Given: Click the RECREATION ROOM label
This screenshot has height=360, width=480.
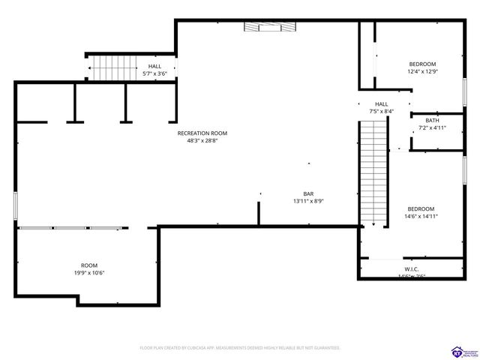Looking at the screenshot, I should tap(202, 133).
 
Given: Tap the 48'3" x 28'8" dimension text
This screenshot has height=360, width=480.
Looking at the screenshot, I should tap(202, 140).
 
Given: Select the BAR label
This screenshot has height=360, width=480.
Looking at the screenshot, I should tap(308, 193).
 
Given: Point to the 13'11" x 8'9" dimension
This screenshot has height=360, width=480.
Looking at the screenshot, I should tap(308, 201).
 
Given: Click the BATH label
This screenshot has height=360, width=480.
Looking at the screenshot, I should tap(432, 121).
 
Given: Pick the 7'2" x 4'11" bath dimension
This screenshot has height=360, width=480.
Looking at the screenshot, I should tap(432, 128).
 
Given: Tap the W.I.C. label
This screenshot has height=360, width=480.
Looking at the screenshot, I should tap(411, 269).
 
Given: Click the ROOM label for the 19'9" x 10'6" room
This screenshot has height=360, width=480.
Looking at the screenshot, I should tap(89, 265).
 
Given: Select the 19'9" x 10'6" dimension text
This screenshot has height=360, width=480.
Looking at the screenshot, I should tap(89, 273).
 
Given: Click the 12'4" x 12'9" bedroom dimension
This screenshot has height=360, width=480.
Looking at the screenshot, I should tap(422, 72).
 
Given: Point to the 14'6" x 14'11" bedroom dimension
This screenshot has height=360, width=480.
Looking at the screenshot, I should tap(421, 217).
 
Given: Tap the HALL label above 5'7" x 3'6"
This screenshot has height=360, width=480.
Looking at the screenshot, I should tap(154, 67).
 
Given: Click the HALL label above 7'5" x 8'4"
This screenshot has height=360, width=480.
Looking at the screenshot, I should tap(381, 104).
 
